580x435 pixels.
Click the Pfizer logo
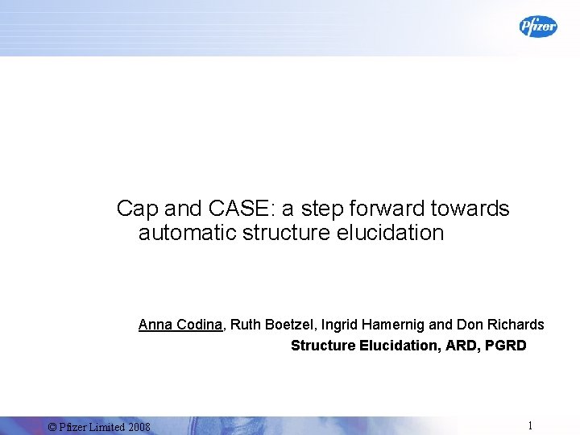click(537, 27)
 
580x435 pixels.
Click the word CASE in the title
click(238, 209)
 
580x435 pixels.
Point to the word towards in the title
click(472, 209)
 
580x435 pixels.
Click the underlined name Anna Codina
click(180, 325)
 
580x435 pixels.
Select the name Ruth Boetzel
click(272, 325)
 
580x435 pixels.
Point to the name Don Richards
click(500, 325)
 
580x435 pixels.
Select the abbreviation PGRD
click(507, 346)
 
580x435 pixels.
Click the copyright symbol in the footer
click(52, 426)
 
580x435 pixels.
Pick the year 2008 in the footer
click(139, 426)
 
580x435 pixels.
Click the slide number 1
click(530, 425)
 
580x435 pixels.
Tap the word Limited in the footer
click(104, 426)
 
